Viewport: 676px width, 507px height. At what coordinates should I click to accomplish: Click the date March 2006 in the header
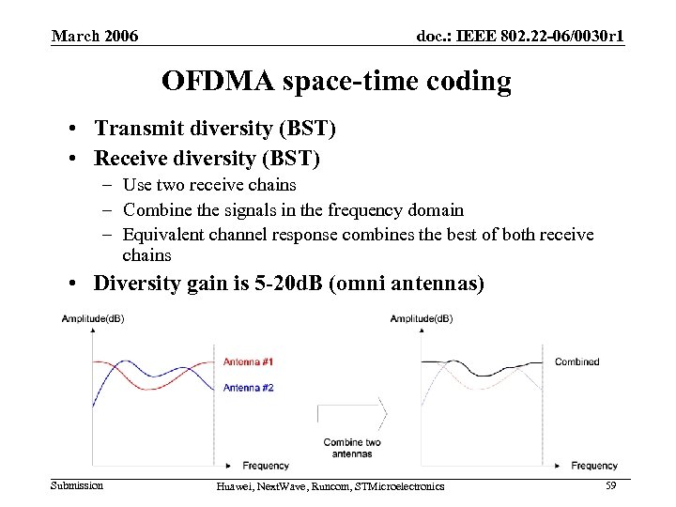click(95, 37)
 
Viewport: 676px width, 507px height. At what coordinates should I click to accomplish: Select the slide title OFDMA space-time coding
click(336, 81)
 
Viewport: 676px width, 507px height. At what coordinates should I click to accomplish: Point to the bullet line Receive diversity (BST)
click(207, 159)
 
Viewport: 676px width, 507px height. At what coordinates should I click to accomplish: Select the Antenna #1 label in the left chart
click(248, 362)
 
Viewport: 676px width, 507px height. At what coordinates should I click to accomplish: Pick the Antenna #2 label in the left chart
click(248, 388)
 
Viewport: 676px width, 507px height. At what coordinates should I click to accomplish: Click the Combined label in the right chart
click(576, 362)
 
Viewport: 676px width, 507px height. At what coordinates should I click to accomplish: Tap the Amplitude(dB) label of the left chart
click(93, 319)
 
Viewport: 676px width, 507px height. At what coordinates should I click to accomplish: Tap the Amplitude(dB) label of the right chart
click(422, 319)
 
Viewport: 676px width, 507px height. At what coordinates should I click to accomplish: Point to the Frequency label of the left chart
click(266, 465)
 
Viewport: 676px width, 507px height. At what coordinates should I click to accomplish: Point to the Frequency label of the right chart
click(594, 465)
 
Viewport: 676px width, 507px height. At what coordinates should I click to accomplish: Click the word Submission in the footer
click(77, 484)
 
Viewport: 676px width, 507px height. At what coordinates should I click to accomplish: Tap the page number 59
click(610, 484)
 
